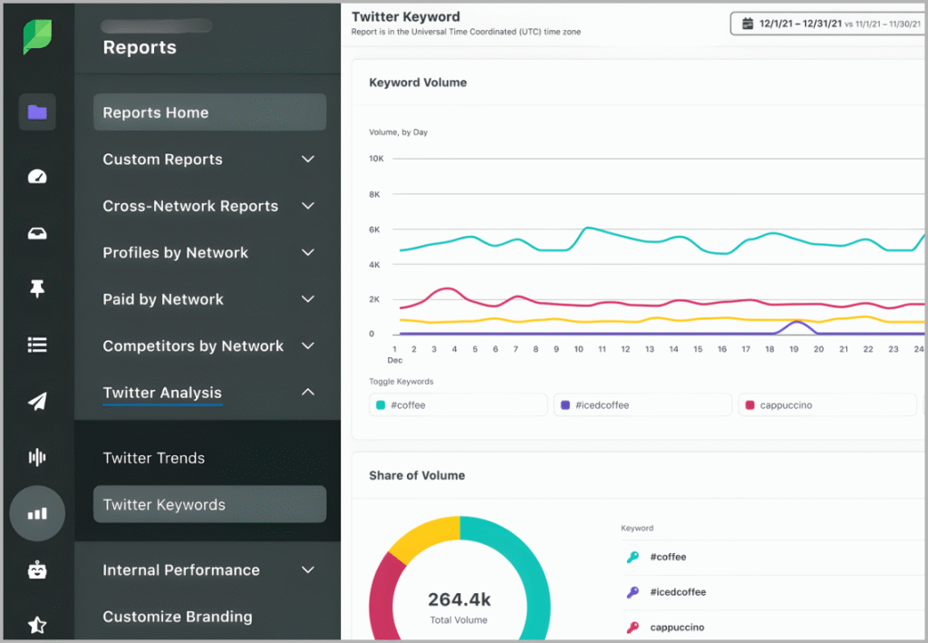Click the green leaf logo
click(x=37, y=37)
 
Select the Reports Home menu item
click(x=209, y=112)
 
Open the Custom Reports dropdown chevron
click(x=308, y=160)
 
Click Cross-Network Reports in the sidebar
click(x=190, y=206)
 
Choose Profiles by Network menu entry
click(x=175, y=253)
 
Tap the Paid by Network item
click(x=163, y=299)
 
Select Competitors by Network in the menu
click(x=193, y=346)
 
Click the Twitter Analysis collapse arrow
click(x=308, y=393)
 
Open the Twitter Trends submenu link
click(x=154, y=458)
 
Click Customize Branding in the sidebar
click(x=178, y=617)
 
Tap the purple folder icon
click(x=37, y=112)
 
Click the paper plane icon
click(x=37, y=401)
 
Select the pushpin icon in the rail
click(x=37, y=288)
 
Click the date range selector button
click(x=827, y=23)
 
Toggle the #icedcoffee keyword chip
click(x=642, y=405)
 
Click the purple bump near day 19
click(x=796, y=324)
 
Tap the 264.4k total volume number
click(x=459, y=599)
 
